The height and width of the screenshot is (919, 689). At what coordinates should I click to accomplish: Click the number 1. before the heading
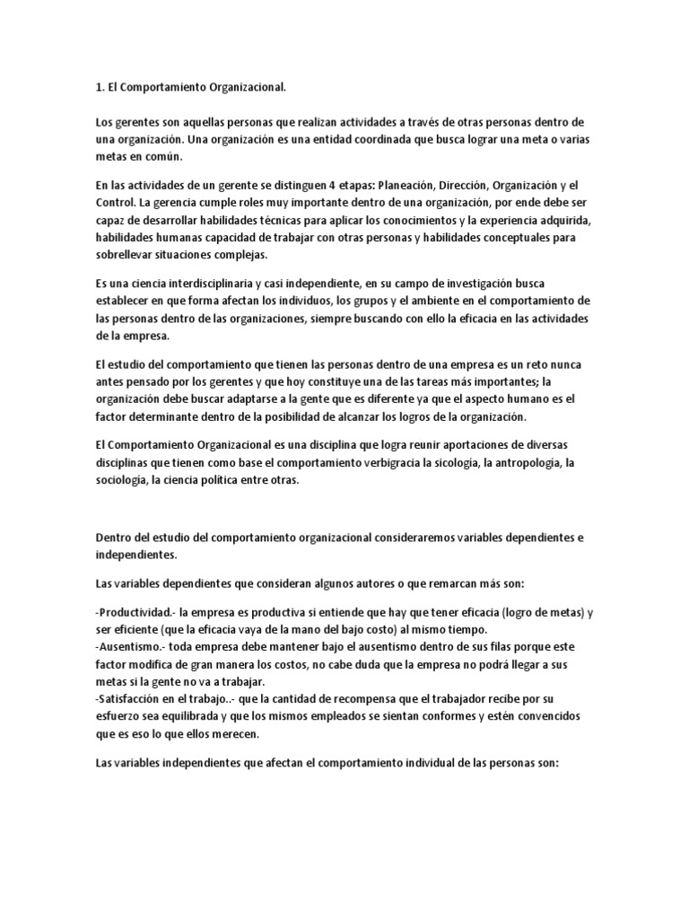pyautogui.click(x=100, y=87)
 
